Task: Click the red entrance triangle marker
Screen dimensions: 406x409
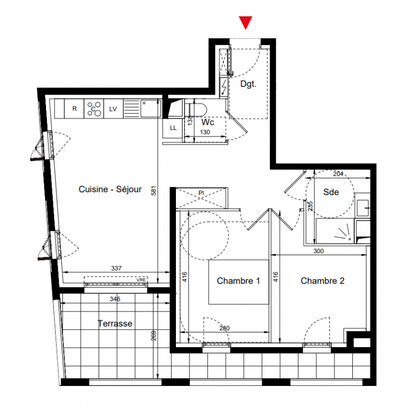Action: (245, 22)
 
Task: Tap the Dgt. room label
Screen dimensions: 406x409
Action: (248, 84)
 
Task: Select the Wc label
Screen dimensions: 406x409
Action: (208, 122)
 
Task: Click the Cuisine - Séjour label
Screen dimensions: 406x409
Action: (110, 189)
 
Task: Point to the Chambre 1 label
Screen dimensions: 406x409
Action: (238, 281)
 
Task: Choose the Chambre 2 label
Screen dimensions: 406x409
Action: (323, 281)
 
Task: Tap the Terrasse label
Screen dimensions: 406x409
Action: (115, 324)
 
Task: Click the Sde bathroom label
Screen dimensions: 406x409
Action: (331, 192)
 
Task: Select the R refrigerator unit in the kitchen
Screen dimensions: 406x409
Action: (74, 108)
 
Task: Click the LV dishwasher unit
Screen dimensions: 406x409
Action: (113, 109)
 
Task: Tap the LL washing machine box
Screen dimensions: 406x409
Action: (173, 128)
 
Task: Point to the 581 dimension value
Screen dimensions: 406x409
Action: (154, 191)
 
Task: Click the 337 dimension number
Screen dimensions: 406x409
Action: (117, 268)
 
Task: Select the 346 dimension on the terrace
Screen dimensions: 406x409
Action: (115, 299)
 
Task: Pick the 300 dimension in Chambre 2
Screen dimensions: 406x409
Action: (319, 251)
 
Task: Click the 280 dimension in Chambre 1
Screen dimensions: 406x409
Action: (224, 328)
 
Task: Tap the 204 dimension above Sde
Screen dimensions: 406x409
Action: (338, 174)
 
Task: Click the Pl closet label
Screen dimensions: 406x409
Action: (201, 193)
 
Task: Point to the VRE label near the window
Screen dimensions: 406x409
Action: (141, 280)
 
